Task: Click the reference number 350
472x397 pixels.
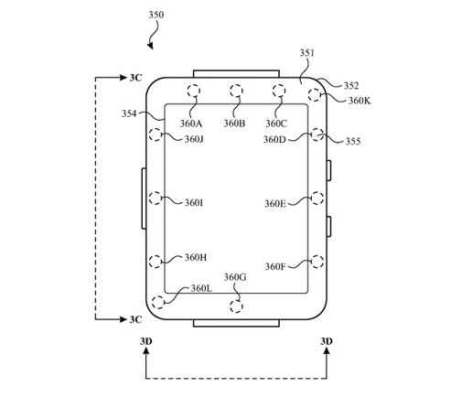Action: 156,15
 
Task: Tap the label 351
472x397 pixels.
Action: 306,53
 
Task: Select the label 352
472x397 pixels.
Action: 351,85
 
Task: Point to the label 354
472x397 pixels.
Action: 129,113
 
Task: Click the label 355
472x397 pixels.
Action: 353,141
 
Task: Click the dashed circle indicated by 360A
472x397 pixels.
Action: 194,91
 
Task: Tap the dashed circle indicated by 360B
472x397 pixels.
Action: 236,91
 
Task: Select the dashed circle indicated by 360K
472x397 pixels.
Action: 315,94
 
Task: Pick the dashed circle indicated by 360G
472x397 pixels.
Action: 236,306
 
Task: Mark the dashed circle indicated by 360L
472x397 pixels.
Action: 158,303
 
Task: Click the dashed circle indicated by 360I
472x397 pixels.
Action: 156,198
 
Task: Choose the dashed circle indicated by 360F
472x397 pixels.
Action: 317,262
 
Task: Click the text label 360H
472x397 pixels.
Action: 196,258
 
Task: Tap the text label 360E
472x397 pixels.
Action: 275,203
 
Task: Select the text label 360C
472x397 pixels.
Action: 276,123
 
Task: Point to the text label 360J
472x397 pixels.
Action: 194,139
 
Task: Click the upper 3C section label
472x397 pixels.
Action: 135,78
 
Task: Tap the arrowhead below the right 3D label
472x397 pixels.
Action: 327,351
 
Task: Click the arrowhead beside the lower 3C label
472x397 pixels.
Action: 123,319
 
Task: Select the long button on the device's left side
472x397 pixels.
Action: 144,198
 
